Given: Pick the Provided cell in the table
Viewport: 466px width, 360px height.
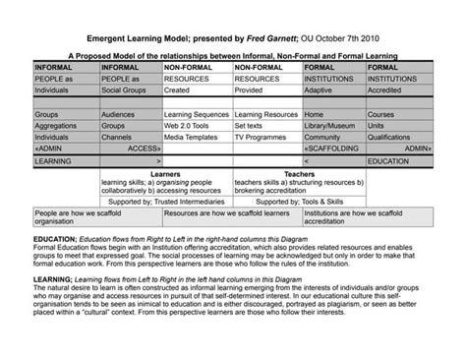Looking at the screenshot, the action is (x=252, y=89).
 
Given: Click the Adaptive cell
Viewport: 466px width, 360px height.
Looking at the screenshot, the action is (x=320, y=89).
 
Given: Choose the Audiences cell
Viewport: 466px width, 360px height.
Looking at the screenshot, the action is (x=120, y=114).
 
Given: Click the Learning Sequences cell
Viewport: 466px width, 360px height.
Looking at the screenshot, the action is (x=197, y=114).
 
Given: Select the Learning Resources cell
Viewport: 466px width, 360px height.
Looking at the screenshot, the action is (x=266, y=114).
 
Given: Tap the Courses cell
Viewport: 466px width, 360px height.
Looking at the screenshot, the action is (x=381, y=114).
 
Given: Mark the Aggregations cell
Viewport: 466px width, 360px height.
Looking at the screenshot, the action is (x=57, y=126).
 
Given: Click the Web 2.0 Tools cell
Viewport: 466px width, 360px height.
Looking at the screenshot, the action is (x=188, y=126).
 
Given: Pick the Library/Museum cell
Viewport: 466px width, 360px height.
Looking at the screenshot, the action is (x=331, y=126).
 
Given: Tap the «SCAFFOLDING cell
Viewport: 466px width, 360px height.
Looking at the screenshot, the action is (x=331, y=148).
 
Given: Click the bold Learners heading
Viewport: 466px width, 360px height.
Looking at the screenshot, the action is (x=165, y=173).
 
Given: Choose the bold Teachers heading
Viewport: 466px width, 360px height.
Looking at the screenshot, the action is (x=299, y=173).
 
